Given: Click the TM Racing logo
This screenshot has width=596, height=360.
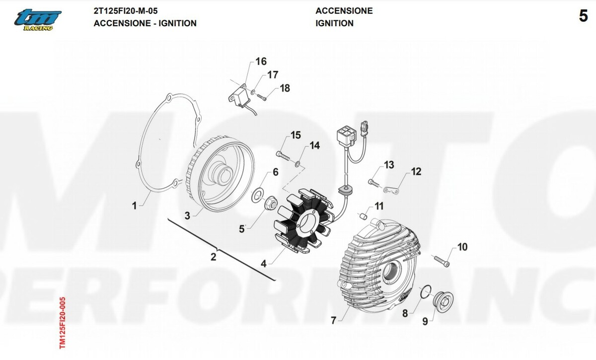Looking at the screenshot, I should pyautogui.click(x=37, y=19).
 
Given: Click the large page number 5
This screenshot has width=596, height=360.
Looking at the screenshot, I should pyautogui.click(x=583, y=16).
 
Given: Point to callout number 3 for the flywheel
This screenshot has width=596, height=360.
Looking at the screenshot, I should pyautogui.click(x=187, y=216).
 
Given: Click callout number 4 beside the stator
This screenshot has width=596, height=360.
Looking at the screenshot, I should pyautogui.click(x=264, y=264).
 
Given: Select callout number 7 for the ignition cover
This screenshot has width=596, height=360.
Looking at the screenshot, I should pyautogui.click(x=333, y=320).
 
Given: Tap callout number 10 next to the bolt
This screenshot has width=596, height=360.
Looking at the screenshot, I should pyautogui.click(x=462, y=247).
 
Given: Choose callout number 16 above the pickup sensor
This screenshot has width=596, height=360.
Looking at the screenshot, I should pyautogui.click(x=261, y=62).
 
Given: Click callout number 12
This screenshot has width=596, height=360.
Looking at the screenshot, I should pyautogui.click(x=416, y=172).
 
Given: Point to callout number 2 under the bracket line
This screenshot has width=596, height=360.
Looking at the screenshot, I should pyautogui.click(x=213, y=257).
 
